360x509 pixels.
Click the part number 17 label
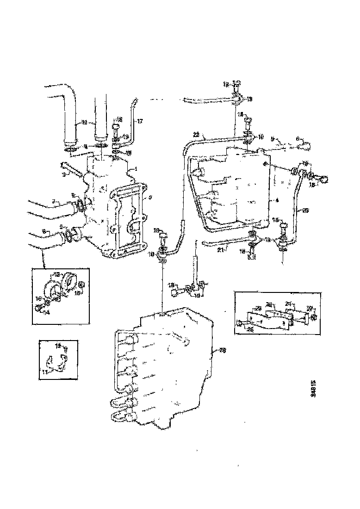(140, 121)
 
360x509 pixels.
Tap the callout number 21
(221, 249)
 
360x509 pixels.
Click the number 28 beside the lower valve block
(223, 351)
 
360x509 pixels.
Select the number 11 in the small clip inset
(45, 372)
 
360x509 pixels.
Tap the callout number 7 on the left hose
(53, 202)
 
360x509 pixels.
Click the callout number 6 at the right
(298, 137)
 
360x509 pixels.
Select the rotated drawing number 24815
(313, 386)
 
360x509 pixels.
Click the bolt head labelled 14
(38, 307)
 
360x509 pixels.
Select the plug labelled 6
(306, 146)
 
